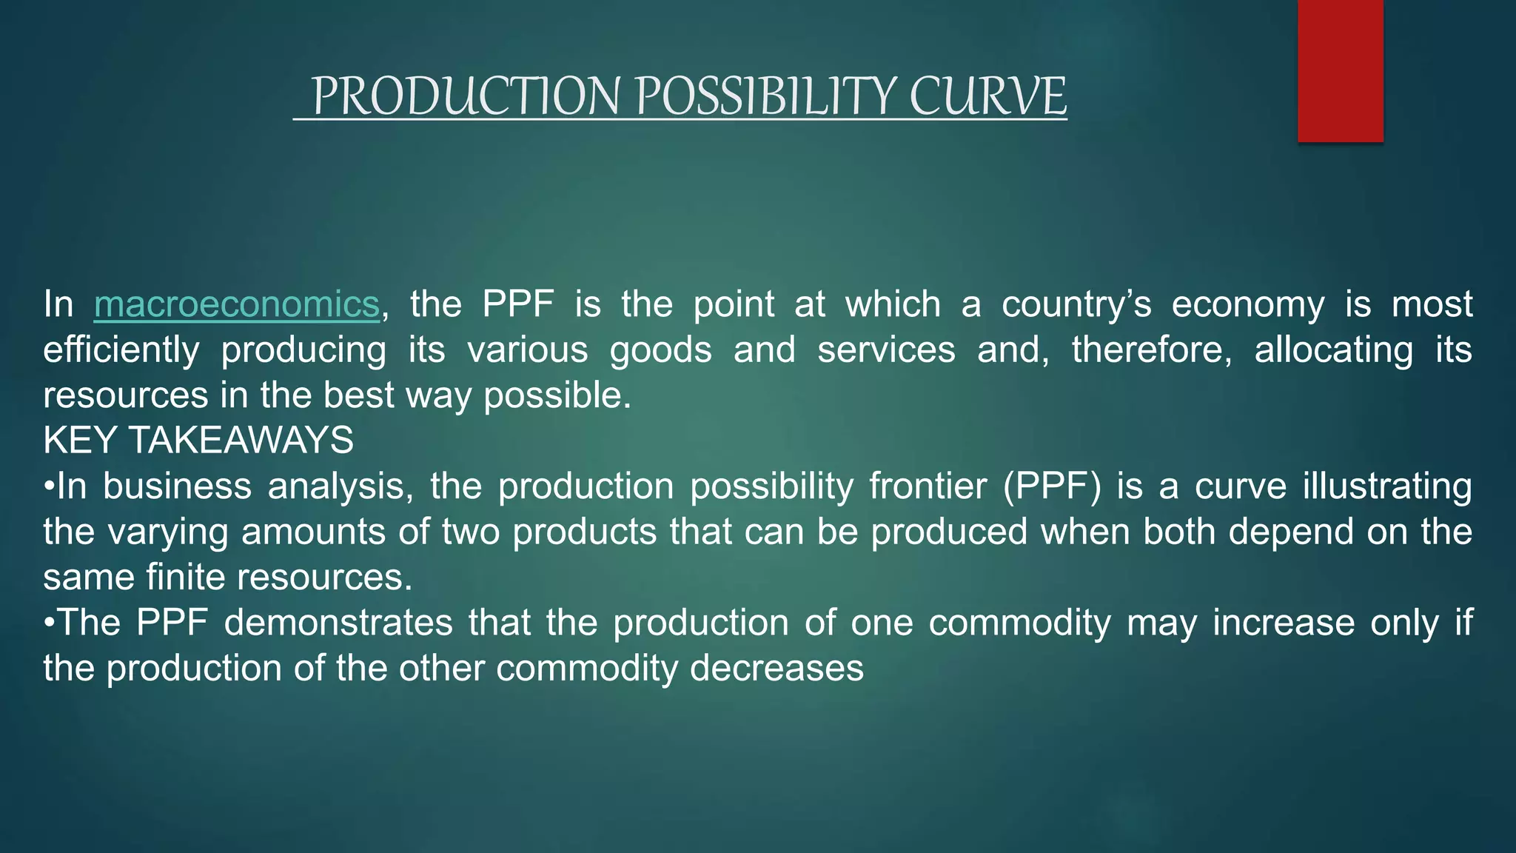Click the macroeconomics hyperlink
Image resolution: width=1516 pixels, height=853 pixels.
pyautogui.click(x=236, y=304)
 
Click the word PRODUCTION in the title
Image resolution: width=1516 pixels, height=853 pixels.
pyautogui.click(x=466, y=97)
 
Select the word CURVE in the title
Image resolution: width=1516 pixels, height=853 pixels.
pyautogui.click(x=987, y=97)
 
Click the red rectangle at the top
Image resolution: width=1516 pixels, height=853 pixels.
pyautogui.click(x=1340, y=70)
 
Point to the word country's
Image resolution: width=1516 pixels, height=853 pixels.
pyautogui.click(x=1076, y=304)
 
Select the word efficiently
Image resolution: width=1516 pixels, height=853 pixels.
pyautogui.click(x=121, y=350)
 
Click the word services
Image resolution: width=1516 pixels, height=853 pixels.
pyautogui.click(x=886, y=349)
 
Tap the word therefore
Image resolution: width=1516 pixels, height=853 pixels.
pyautogui.click(x=1152, y=349)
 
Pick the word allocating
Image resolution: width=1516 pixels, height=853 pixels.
pyautogui.click(x=1333, y=349)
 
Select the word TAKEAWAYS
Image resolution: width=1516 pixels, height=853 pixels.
pyautogui.click(x=241, y=441)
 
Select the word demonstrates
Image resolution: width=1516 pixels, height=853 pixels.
pyautogui.click(x=338, y=623)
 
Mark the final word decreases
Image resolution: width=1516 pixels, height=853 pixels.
pyautogui.click(x=777, y=669)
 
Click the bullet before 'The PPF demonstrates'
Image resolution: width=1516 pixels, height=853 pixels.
pyautogui.click(x=50, y=623)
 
